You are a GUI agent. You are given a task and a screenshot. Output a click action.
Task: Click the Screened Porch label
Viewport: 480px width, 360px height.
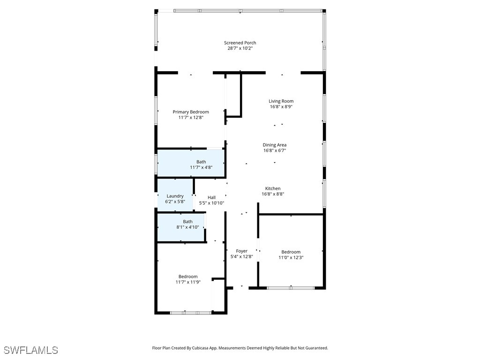(240, 43)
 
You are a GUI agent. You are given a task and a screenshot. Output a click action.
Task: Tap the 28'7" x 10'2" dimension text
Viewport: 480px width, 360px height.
(240, 48)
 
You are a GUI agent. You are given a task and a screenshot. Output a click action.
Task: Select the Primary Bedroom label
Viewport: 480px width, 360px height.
(191, 112)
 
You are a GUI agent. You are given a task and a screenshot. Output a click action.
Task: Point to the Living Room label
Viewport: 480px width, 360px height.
(281, 101)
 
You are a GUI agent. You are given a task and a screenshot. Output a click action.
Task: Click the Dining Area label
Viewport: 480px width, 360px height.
(274, 145)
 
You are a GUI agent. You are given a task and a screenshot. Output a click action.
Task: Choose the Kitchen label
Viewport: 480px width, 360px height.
(273, 188)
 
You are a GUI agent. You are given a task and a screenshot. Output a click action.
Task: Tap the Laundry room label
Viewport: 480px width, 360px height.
(175, 196)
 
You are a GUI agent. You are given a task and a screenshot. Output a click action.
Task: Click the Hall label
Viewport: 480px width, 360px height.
(211, 197)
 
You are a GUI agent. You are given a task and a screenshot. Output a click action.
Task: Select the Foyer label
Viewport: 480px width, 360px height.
(241, 251)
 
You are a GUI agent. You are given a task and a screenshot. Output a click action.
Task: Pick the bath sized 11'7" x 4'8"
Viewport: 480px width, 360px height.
(201, 162)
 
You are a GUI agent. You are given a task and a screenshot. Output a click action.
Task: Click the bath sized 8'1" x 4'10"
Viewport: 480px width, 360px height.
(187, 222)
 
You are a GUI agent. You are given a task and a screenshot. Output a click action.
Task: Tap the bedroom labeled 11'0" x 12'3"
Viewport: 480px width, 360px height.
(291, 252)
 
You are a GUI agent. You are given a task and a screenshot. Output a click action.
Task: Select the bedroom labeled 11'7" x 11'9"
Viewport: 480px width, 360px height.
(188, 277)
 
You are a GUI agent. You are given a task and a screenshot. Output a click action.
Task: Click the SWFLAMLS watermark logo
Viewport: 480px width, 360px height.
(31, 350)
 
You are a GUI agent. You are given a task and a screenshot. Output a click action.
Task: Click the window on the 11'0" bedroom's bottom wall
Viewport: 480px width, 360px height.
(291, 287)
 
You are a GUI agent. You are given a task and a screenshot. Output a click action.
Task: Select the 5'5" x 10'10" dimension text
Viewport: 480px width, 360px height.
(211, 203)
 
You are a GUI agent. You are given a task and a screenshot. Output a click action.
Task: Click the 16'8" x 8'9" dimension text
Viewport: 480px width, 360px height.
(281, 106)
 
